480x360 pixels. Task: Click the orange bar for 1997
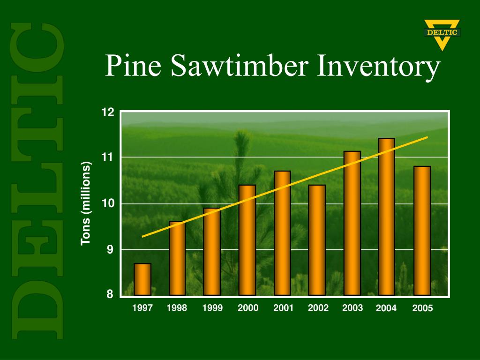pos(142,279)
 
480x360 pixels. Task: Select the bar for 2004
pos(386,217)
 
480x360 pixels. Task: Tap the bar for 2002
pos(317,240)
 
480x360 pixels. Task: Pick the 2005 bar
pos(422,231)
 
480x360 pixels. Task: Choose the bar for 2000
pos(247,240)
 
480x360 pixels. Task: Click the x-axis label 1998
pos(177,308)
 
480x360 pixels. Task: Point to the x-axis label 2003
pos(352,308)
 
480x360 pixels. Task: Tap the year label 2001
pos(283,308)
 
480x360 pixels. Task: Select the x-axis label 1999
pos(212,308)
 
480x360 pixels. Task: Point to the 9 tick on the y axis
pos(110,250)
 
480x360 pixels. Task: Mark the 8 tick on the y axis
pos(110,294)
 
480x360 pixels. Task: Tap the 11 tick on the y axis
pos(108,157)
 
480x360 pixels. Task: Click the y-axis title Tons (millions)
pos(85,203)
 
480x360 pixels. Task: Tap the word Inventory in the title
pos(379,67)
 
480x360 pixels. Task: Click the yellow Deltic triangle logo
pos(442,34)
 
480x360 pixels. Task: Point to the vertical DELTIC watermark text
pos(38,180)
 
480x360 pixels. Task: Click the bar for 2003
pos(352,223)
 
